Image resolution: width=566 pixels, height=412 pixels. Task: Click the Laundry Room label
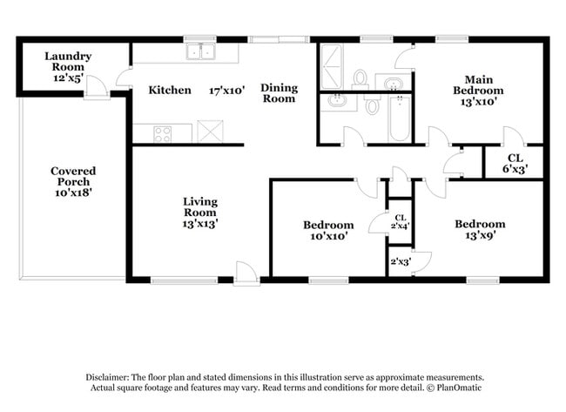click(x=68, y=61)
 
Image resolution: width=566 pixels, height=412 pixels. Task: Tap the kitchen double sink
click(x=200, y=51)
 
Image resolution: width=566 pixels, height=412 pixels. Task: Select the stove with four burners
click(x=163, y=134)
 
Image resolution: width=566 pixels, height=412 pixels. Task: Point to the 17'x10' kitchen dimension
click(x=227, y=91)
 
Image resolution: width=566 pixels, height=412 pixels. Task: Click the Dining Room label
click(x=279, y=93)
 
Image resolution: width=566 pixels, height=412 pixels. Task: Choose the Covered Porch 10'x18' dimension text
click(x=73, y=192)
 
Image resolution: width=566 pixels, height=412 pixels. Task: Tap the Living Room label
click(x=200, y=207)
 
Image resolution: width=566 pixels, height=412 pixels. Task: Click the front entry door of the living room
click(x=246, y=274)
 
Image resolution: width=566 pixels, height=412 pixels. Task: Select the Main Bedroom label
click(x=478, y=84)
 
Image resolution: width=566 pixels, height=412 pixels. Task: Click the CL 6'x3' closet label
click(x=515, y=163)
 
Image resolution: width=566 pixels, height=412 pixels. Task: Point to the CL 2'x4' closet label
click(x=400, y=222)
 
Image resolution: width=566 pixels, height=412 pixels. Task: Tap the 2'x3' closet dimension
click(x=401, y=261)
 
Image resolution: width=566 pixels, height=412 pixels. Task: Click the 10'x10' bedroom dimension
click(x=329, y=236)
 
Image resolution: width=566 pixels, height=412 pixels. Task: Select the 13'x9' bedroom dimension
click(x=480, y=235)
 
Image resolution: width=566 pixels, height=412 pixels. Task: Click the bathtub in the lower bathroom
click(x=400, y=119)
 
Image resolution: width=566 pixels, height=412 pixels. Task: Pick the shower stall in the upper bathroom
click(x=332, y=66)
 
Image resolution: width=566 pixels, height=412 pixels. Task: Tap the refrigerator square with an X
click(x=210, y=132)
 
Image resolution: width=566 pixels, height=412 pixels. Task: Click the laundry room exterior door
click(x=97, y=88)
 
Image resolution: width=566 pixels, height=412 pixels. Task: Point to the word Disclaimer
click(x=107, y=378)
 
